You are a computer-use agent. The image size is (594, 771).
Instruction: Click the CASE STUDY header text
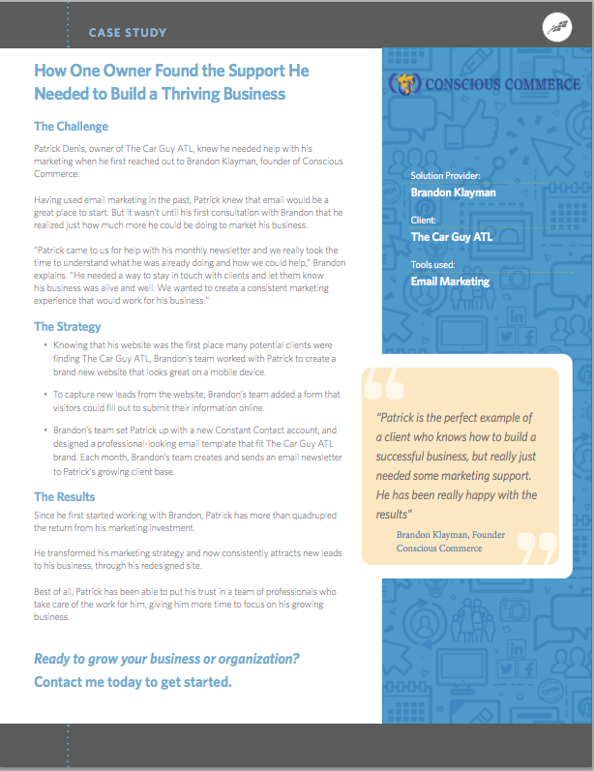coord(128,33)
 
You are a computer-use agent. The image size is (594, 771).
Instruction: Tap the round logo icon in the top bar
coord(557,26)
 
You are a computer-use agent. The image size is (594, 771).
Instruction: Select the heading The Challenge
coord(71,127)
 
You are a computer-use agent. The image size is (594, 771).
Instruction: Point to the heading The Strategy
coord(69,327)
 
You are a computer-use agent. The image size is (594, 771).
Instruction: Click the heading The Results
coord(65,497)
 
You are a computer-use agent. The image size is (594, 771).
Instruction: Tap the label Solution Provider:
coord(445,176)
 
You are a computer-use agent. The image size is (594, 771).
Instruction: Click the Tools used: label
coord(436,265)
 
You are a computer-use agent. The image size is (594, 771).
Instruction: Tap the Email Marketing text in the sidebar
coord(450,282)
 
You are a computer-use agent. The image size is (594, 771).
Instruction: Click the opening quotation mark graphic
coord(384,387)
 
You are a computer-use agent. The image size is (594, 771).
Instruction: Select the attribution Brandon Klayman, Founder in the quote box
coord(450,534)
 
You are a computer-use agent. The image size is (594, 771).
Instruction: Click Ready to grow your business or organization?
coord(166,659)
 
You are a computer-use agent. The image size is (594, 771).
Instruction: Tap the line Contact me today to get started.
coord(133,682)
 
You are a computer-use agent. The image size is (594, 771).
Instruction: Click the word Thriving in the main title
coord(175,94)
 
